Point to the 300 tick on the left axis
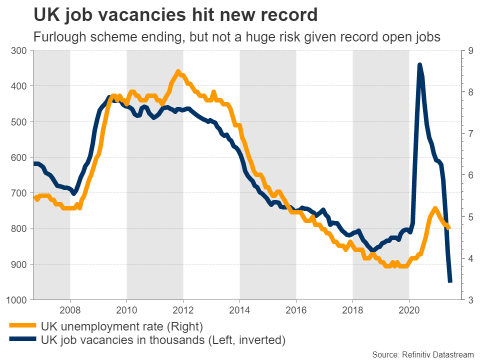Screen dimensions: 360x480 point(18,50)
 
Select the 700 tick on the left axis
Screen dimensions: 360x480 point(18,193)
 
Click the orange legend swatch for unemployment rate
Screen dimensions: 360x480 point(22,326)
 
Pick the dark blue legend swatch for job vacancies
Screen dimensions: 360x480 point(22,340)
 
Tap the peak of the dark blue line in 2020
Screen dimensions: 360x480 point(419,65)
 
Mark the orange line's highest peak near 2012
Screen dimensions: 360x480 point(178,72)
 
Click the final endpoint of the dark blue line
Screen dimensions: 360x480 point(450,281)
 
